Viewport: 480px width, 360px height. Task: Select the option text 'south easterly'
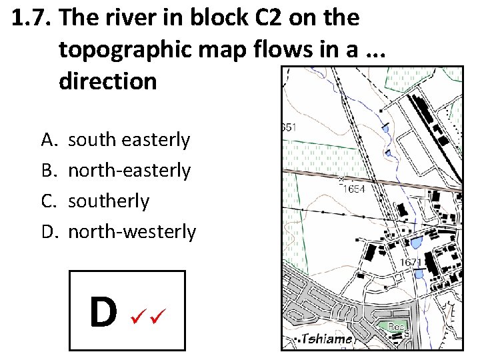(129, 140)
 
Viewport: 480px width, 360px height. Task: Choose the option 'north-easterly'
(129, 171)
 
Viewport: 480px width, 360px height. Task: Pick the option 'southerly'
(109, 201)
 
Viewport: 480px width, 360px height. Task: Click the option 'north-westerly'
(132, 232)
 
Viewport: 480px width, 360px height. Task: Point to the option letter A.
(49, 140)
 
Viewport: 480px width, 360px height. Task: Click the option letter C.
(49, 201)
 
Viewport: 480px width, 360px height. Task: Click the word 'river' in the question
(133, 19)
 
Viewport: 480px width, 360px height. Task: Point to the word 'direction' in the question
(108, 81)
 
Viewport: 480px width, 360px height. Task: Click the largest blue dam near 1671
(416, 243)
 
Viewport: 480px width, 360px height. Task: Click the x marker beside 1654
(341, 179)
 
